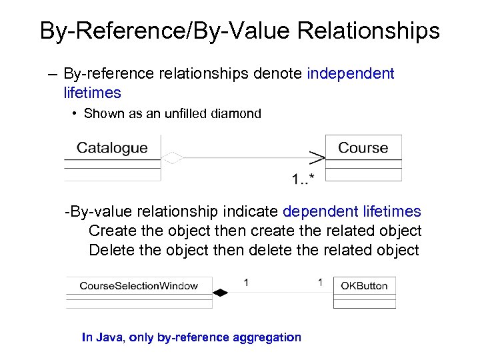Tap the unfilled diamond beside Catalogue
coord(173,158)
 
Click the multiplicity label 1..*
coord(303,178)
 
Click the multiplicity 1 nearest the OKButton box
coord(320,283)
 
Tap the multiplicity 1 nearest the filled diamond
coord(246,283)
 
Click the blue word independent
coord(351,73)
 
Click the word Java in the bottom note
coord(111,337)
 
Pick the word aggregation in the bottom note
coord(267,337)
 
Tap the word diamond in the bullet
coord(235,113)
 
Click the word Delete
coord(109,250)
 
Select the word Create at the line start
coord(111,231)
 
